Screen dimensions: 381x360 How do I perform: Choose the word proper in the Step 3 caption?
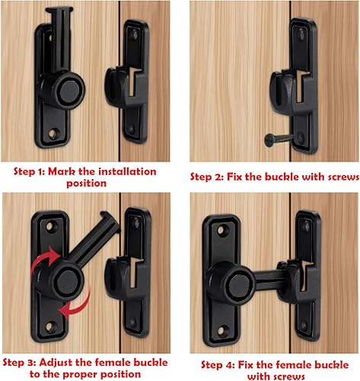tap(98, 373)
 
